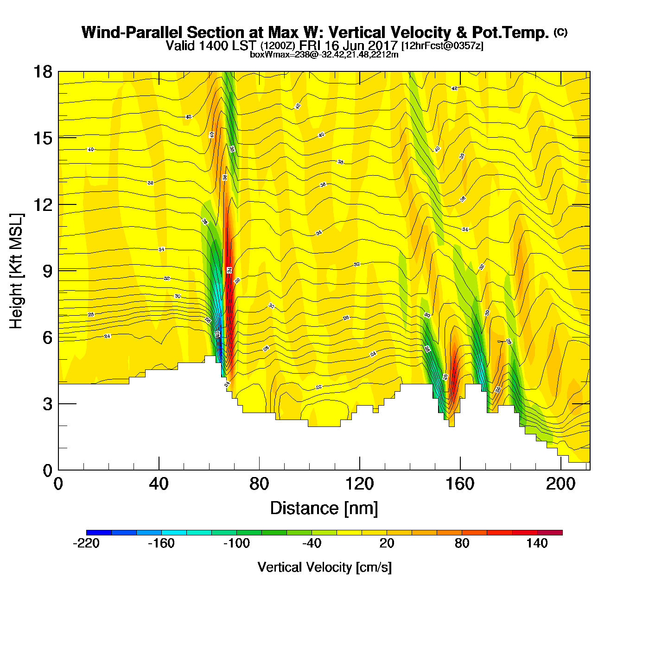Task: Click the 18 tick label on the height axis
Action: [x=42, y=72]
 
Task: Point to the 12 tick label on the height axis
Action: [x=42, y=204]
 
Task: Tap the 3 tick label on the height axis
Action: [x=48, y=404]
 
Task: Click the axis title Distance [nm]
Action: [x=324, y=509]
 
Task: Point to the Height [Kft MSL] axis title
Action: [x=16, y=271]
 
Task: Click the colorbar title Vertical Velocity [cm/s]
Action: [x=324, y=567]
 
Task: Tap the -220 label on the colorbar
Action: [x=86, y=544]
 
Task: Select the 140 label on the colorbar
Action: [x=537, y=544]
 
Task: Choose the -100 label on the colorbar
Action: [x=236, y=544]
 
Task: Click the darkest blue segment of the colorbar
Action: [x=99, y=533]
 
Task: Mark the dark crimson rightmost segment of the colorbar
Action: [x=550, y=533]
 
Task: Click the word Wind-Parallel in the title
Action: [x=132, y=33]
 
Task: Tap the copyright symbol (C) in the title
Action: [x=560, y=32]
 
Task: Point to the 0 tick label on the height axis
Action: [x=48, y=471]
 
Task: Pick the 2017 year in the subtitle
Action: [x=383, y=46]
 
